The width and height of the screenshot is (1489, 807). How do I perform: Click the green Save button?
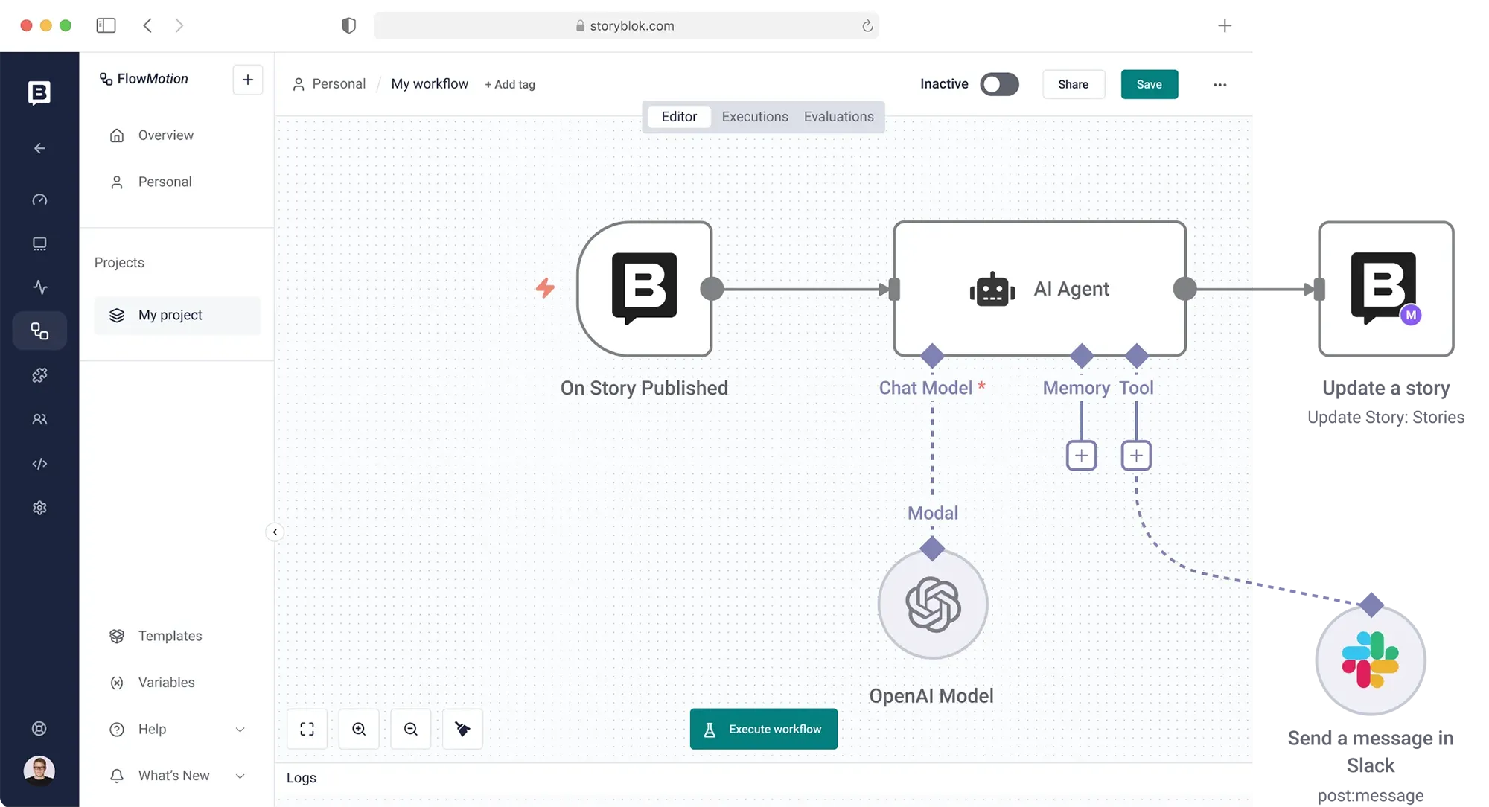click(1149, 84)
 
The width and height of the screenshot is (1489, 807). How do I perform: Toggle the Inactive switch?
click(999, 84)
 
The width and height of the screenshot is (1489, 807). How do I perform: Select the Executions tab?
click(754, 116)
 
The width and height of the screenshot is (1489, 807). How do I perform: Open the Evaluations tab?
click(838, 116)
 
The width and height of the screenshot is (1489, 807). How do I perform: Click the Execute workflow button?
click(763, 729)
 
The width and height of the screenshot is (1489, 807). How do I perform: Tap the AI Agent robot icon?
click(992, 289)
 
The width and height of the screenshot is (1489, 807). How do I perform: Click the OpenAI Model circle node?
click(933, 604)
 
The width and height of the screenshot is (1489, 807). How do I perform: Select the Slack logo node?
click(1371, 660)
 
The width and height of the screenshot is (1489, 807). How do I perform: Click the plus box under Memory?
click(1081, 456)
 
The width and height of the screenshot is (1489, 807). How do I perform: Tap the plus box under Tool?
click(1136, 456)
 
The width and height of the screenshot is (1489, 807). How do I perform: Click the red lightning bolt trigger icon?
click(545, 288)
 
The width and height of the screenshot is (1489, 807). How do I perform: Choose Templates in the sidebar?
click(170, 636)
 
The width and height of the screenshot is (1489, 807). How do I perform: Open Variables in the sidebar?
click(166, 683)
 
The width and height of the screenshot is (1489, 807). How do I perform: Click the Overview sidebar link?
click(165, 135)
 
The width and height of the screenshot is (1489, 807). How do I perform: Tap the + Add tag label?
click(510, 84)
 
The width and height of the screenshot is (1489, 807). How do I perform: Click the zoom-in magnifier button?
click(359, 729)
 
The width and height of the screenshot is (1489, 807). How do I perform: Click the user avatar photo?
click(39, 771)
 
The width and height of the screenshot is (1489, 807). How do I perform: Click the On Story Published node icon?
click(644, 289)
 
